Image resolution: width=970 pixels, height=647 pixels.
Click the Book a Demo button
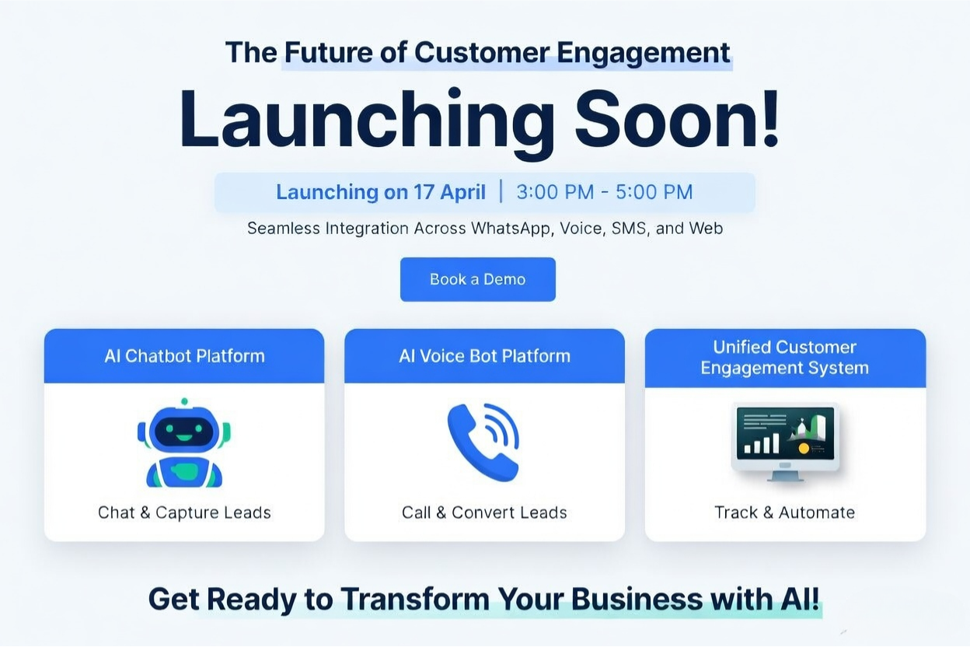[477, 279]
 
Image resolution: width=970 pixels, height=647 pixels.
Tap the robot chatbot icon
[184, 442]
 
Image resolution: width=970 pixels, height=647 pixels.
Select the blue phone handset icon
[483, 442]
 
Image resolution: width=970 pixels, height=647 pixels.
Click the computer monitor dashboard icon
[785, 440]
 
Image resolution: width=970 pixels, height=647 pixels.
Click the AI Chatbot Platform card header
[184, 356]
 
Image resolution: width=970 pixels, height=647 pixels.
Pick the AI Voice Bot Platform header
[484, 356]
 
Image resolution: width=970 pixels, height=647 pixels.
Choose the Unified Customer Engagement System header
[785, 357]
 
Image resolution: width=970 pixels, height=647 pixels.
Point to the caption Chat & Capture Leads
[184, 512]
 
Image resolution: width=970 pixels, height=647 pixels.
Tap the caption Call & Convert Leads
[484, 512]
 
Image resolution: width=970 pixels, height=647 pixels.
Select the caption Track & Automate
[785, 512]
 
